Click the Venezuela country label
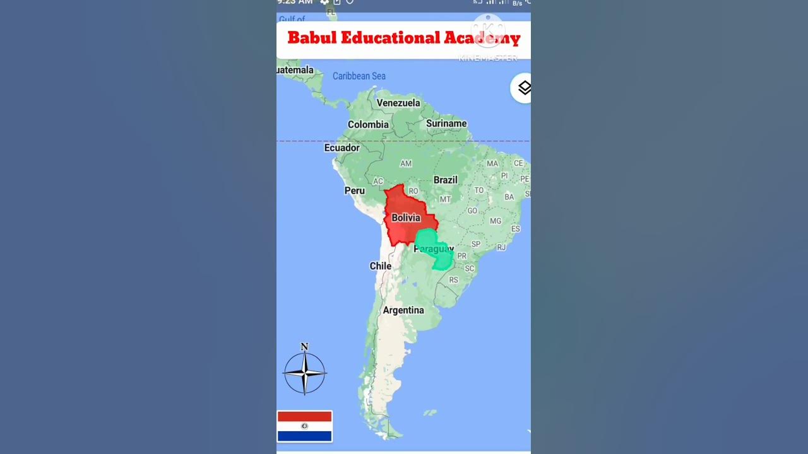pyautogui.click(x=398, y=103)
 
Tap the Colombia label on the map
pyautogui.click(x=368, y=125)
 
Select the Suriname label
pyautogui.click(x=446, y=124)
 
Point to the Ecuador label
pyautogui.click(x=342, y=148)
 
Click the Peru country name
pyautogui.click(x=354, y=190)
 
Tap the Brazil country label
pyautogui.click(x=445, y=180)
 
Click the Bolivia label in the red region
pyautogui.click(x=406, y=218)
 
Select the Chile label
pyautogui.click(x=380, y=266)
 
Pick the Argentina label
pyautogui.click(x=403, y=310)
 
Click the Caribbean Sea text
pyautogui.click(x=359, y=76)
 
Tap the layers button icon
pyautogui.click(x=524, y=88)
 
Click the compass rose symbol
pyautogui.click(x=305, y=373)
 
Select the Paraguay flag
pyautogui.click(x=304, y=426)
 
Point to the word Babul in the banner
pyautogui.click(x=312, y=38)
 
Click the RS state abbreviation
pyautogui.click(x=453, y=280)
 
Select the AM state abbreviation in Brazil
pyautogui.click(x=406, y=164)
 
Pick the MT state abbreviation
pyautogui.click(x=445, y=199)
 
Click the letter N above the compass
pyautogui.click(x=304, y=347)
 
